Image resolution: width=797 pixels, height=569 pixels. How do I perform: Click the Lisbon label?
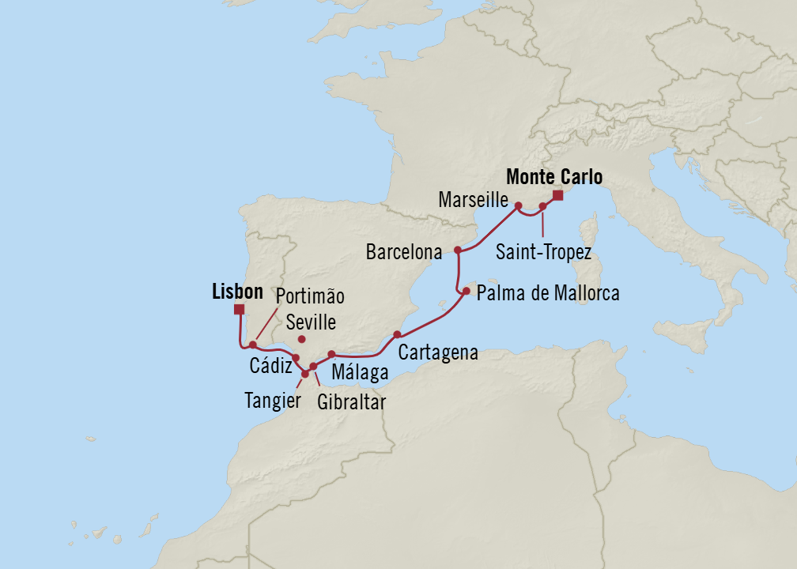tap(237, 292)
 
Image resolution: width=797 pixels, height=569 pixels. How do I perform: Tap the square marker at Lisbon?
tap(239, 310)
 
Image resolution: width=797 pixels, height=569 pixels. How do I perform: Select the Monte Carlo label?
tap(553, 177)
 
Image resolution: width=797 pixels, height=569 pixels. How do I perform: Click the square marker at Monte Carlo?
tap(557, 195)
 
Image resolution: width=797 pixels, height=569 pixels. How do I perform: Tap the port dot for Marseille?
tap(519, 206)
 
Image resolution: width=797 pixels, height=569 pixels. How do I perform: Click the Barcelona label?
tap(403, 253)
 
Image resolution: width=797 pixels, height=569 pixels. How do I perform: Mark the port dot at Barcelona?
tap(458, 250)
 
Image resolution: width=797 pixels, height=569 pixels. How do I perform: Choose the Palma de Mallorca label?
tap(548, 294)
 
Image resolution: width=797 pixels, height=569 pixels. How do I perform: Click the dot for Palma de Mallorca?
tap(466, 292)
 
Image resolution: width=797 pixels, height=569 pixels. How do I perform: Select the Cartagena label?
tap(438, 352)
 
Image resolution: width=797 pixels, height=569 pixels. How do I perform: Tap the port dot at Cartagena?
tap(396, 335)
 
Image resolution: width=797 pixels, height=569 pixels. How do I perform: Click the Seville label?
tap(312, 322)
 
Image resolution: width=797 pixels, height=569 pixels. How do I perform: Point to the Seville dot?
tap(302, 340)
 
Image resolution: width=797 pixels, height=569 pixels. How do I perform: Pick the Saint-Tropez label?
tap(543, 251)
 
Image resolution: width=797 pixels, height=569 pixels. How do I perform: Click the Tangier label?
tap(274, 401)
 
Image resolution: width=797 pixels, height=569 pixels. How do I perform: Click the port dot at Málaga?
tap(332, 354)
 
